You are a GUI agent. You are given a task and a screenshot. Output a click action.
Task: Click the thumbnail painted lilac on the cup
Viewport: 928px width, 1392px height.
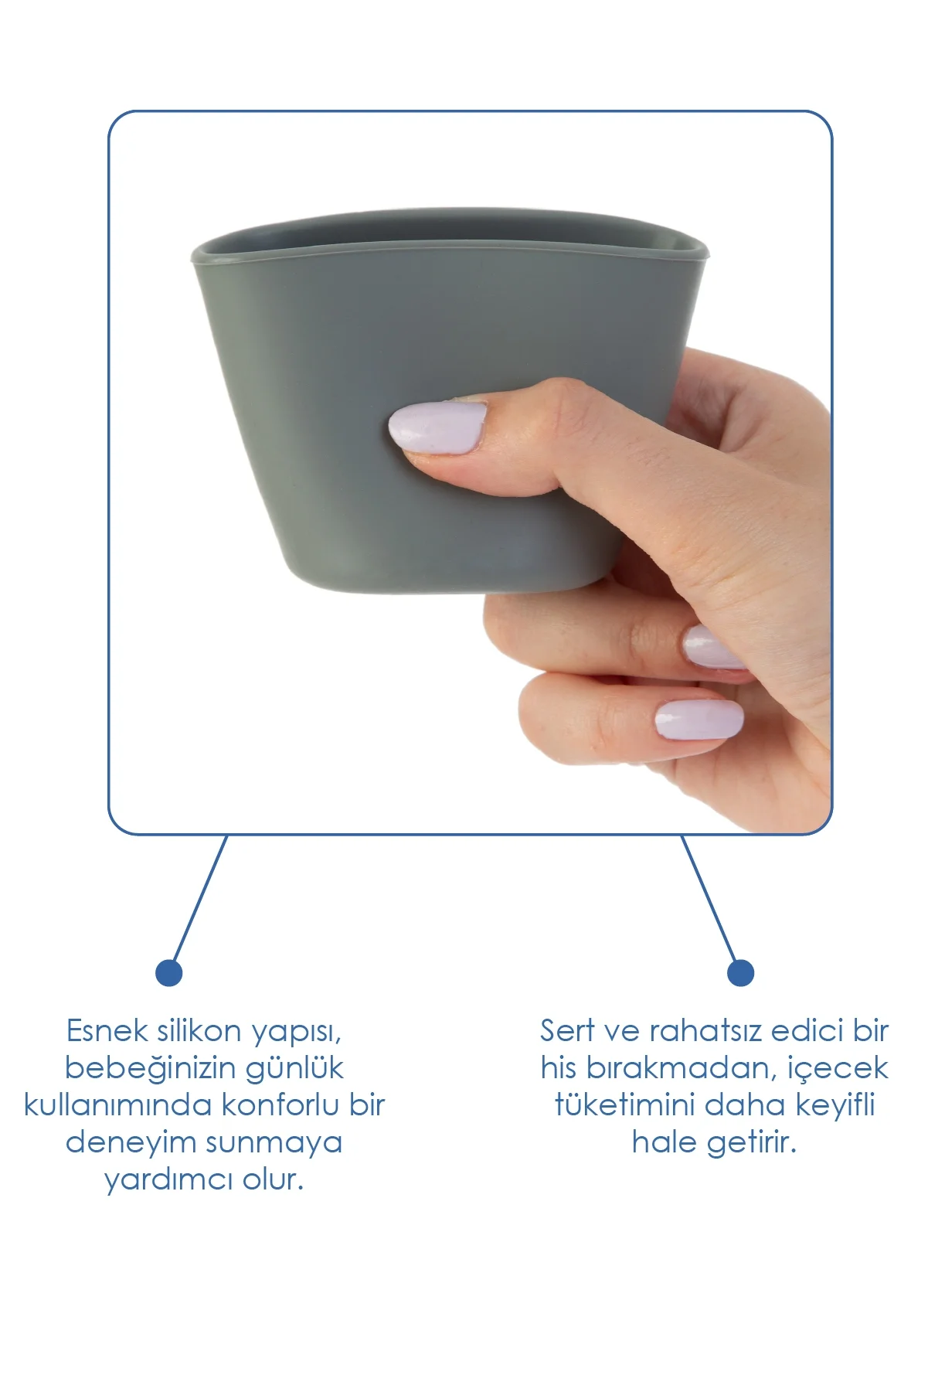[x=437, y=426]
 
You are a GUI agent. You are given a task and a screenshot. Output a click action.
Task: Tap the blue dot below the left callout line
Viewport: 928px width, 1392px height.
[x=168, y=972]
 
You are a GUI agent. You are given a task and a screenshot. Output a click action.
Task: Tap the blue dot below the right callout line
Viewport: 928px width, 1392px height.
[x=740, y=972]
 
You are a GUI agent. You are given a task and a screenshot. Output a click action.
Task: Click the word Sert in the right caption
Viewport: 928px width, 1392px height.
[x=567, y=1031]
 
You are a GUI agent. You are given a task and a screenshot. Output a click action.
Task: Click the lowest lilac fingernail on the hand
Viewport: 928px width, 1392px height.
[x=699, y=719]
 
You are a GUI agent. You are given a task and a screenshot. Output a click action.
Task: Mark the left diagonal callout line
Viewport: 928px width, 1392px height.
[x=199, y=898]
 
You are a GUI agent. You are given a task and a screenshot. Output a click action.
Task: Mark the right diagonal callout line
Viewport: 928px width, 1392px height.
[x=709, y=898]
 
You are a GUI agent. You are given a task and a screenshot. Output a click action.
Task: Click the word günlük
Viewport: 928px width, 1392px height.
[x=294, y=1069]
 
